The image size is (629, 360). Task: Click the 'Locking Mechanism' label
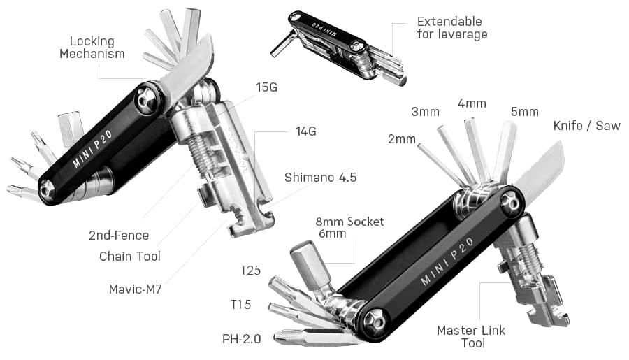(92, 48)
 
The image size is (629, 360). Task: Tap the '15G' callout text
(266, 87)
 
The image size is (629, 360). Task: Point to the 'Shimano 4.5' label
(320, 178)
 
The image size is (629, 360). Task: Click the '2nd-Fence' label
(119, 236)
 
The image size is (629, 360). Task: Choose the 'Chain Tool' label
(129, 256)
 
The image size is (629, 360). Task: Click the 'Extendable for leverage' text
(451, 28)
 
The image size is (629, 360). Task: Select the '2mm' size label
(401, 138)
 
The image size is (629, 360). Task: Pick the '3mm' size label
(425, 112)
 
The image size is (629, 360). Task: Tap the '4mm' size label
(472, 103)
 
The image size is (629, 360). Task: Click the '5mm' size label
(524, 112)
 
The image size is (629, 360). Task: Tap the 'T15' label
(241, 305)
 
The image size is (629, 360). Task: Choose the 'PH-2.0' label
(241, 338)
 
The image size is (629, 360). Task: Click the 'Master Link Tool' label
(470, 336)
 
